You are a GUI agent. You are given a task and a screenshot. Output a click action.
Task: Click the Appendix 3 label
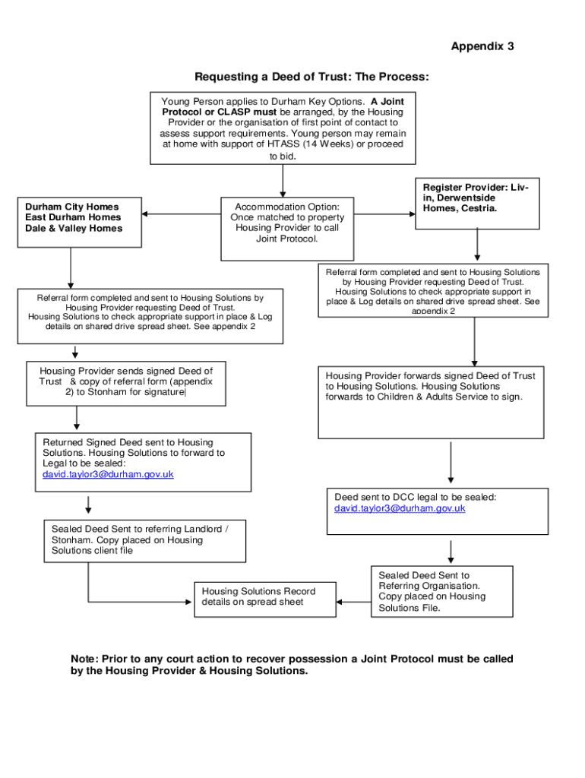[x=482, y=46]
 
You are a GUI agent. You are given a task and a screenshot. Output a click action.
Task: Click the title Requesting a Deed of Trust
[x=311, y=77]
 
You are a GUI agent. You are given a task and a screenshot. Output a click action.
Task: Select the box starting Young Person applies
[x=283, y=128]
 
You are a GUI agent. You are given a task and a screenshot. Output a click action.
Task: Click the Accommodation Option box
[x=287, y=228]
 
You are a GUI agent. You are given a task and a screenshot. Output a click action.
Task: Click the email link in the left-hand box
[x=109, y=474]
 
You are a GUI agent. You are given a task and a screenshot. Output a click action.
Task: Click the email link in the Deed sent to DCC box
[x=400, y=508]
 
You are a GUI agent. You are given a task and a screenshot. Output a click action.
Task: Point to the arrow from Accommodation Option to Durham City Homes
[x=181, y=214]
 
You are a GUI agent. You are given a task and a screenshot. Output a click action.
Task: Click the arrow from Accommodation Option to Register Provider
[x=384, y=214]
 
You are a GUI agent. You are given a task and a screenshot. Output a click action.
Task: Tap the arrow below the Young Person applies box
[x=283, y=181]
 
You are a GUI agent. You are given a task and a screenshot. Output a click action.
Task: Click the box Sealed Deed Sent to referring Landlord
[x=144, y=540]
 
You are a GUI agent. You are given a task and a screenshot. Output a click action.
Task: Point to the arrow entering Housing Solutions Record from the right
[x=353, y=602]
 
